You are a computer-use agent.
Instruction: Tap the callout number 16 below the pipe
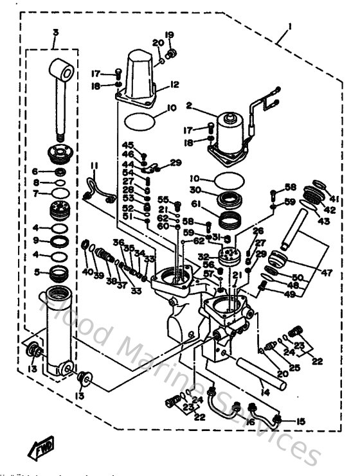(250, 425)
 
